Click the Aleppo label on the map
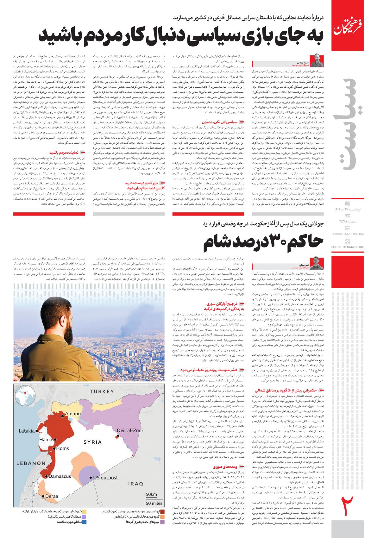pos(74,414)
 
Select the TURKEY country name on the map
pos(102,391)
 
